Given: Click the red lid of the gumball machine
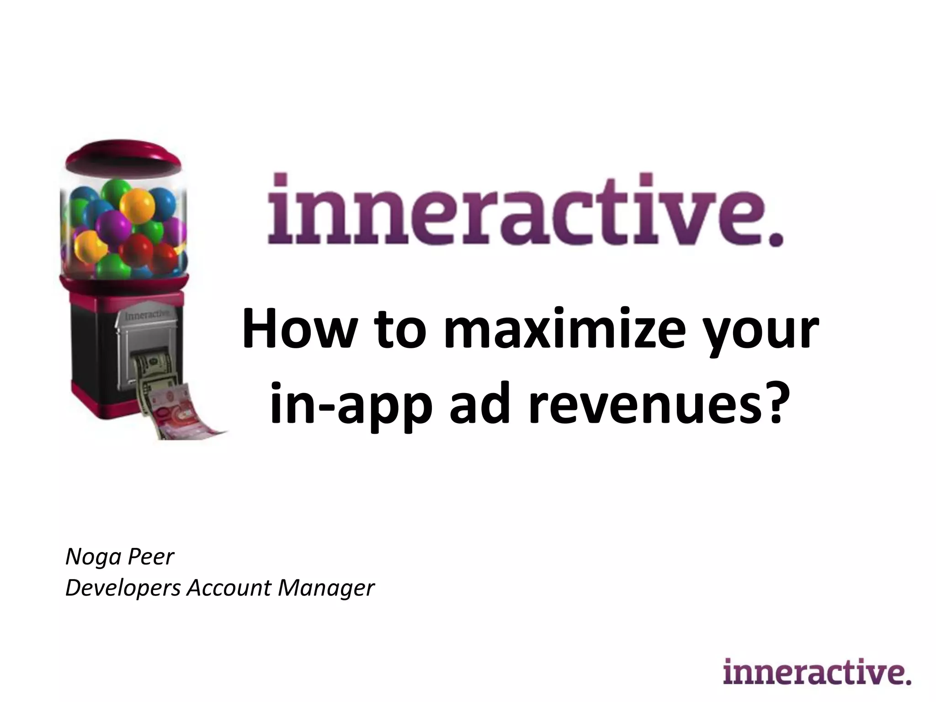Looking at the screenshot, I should click(x=123, y=158).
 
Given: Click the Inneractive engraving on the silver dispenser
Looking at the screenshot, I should click(x=145, y=315).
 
